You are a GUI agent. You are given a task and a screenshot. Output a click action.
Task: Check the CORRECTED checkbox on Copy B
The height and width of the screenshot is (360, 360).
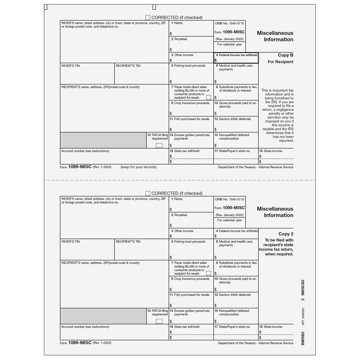[148, 18]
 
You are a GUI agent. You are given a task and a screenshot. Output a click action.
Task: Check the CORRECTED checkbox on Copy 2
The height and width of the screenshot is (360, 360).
[148, 193]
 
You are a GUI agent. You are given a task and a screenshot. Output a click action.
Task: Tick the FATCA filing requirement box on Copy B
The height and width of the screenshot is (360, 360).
[159, 145]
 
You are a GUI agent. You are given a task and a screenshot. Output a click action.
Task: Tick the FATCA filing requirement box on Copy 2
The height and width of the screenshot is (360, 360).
[159, 321]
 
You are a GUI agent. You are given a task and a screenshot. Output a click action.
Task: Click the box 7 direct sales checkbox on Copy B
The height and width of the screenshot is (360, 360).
[208, 97]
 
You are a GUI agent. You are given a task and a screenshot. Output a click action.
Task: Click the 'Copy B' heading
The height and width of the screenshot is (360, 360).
[285, 55]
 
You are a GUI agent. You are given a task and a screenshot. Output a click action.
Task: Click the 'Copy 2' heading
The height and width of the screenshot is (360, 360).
[286, 234]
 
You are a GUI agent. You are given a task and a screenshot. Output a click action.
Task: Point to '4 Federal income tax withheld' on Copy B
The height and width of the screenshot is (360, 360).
[236, 55]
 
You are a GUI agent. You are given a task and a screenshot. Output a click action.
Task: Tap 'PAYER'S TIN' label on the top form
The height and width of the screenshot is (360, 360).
[70, 66]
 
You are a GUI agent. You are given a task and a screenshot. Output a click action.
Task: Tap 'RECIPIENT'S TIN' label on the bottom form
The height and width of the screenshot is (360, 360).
[128, 242]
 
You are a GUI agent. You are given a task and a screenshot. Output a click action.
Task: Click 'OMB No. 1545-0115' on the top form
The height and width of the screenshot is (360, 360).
[229, 23]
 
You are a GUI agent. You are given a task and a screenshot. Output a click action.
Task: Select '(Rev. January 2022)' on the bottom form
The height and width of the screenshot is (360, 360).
[229, 215]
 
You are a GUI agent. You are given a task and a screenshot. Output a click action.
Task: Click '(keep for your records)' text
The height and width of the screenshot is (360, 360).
[138, 167]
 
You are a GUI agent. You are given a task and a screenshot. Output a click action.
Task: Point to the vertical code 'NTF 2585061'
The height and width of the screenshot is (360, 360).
[303, 316]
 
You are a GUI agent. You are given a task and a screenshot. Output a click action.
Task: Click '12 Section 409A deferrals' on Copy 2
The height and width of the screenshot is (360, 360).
[232, 295]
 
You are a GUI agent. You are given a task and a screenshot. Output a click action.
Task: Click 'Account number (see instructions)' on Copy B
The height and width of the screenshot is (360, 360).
[85, 151]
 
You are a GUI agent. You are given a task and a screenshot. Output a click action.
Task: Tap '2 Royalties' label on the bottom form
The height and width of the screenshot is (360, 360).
[179, 215]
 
